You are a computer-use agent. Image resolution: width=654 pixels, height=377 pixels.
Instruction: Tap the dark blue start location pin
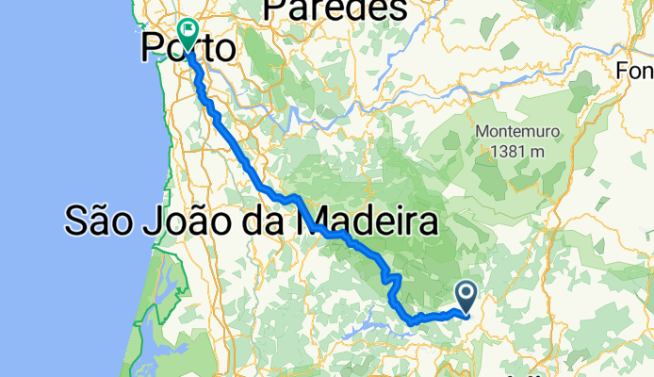pos(466,297)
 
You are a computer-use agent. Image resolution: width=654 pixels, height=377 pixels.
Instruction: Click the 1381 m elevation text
pos(512,150)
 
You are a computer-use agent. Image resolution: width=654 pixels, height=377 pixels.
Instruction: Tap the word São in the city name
pos(99,222)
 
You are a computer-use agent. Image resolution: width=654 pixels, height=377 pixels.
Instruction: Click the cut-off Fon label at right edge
pos(635,71)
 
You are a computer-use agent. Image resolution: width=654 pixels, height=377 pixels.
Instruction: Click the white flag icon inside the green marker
pos(187,32)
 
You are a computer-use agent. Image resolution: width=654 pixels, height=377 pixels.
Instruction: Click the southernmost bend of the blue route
pos(412,323)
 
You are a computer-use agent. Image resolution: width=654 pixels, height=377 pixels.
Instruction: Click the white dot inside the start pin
pos(466,293)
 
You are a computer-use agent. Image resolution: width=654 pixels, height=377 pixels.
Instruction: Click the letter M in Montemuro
pos(482,133)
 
